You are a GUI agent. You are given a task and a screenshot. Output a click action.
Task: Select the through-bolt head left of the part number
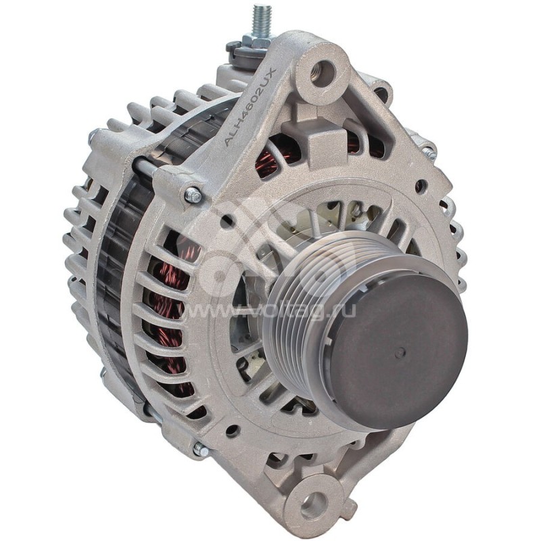(x=193, y=195)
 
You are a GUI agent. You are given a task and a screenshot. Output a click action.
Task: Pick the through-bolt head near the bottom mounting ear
(x=201, y=448)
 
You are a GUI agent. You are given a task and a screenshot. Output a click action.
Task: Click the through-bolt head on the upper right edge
(x=428, y=153)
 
